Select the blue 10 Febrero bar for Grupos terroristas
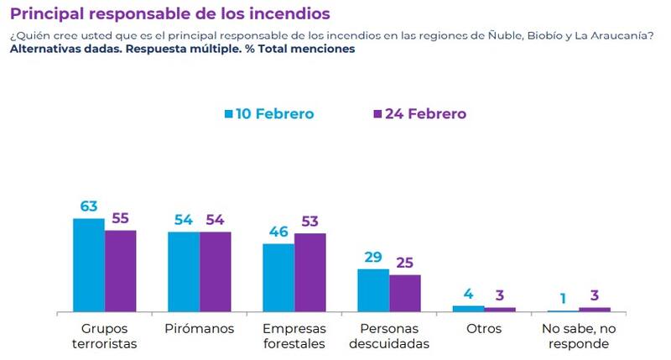[x=89, y=265]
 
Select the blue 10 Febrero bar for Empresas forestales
[x=278, y=278]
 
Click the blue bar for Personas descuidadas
[x=373, y=290]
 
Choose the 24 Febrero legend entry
[x=419, y=113]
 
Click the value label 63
[x=90, y=206]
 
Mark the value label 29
[x=373, y=258]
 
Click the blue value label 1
[x=563, y=299]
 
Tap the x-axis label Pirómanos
[x=200, y=328]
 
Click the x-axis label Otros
[x=484, y=328]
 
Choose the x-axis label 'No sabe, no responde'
[x=579, y=336]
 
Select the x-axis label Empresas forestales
[x=294, y=336]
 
